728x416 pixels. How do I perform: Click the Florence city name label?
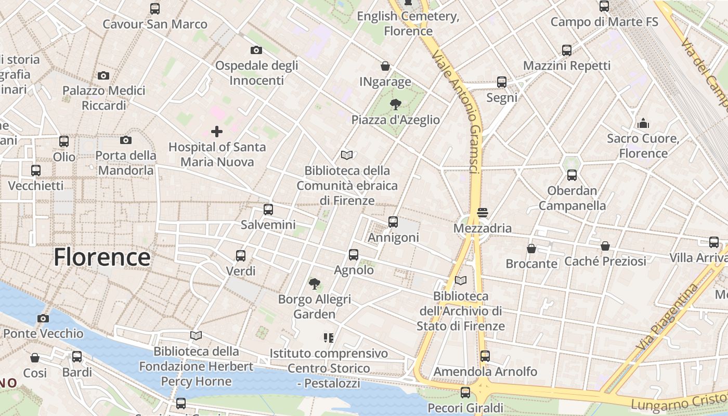click(x=102, y=257)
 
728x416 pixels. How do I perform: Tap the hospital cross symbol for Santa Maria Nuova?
click(x=217, y=132)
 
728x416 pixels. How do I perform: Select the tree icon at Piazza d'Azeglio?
click(x=395, y=104)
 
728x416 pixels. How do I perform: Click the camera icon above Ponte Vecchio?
click(x=43, y=318)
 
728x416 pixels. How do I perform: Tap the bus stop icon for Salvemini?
click(x=268, y=210)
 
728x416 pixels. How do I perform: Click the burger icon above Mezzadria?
click(x=482, y=213)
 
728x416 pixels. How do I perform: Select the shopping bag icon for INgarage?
click(x=385, y=66)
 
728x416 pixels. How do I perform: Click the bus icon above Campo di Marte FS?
click(x=604, y=7)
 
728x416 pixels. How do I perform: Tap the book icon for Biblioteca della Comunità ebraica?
click(x=347, y=155)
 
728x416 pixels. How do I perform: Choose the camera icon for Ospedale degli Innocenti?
click(x=256, y=50)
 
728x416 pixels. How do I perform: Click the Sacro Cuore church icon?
click(x=643, y=123)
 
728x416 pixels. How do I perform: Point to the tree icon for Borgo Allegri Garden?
click(x=314, y=284)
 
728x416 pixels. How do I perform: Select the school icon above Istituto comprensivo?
click(x=328, y=338)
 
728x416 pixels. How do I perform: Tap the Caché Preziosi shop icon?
click(x=605, y=246)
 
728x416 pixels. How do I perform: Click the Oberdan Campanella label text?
click(x=572, y=198)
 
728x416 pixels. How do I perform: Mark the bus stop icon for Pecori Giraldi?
click(x=465, y=392)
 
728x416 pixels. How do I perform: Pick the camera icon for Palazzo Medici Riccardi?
click(x=103, y=76)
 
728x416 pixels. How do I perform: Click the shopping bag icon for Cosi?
click(x=35, y=358)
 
